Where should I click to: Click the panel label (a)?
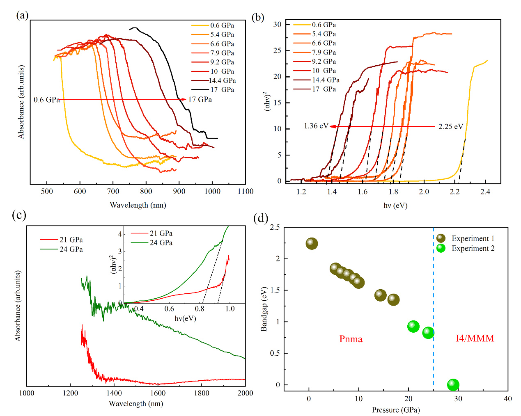click(x=22, y=16)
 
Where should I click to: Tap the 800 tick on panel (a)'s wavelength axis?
click(x=146, y=191)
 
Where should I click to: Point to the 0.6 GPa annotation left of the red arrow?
click(x=46, y=100)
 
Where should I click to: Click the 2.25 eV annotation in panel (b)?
click(x=450, y=126)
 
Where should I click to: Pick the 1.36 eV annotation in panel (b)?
click(x=316, y=126)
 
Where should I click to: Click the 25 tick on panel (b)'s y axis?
click(x=278, y=50)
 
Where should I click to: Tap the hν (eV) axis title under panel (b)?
click(x=395, y=205)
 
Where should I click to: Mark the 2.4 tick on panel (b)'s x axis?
click(x=485, y=192)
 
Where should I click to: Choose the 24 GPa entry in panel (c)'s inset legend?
click(x=161, y=242)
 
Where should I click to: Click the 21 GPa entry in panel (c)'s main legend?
click(x=71, y=240)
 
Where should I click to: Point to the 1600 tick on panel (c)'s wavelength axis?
click(x=158, y=393)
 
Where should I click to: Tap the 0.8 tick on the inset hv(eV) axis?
click(x=200, y=309)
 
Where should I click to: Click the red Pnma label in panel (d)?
click(x=351, y=339)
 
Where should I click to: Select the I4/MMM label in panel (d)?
click(x=475, y=338)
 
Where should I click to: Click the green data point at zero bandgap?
click(x=453, y=384)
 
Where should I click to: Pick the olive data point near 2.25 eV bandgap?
click(x=312, y=244)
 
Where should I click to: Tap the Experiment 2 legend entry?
click(x=473, y=248)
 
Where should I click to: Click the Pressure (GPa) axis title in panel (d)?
click(x=396, y=410)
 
